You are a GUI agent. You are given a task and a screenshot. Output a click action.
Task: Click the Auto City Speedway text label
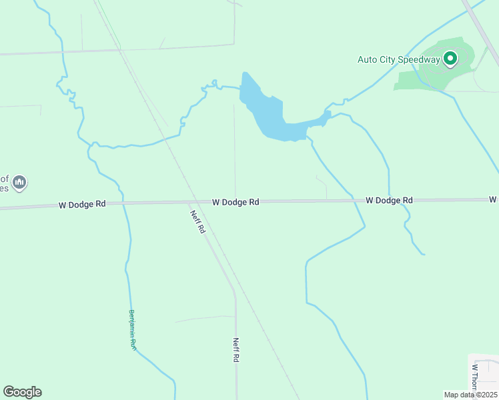point(399,59)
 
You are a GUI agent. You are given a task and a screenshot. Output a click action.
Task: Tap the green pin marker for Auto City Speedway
point(450,59)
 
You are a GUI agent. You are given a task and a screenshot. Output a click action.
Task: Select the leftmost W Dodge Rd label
point(82,205)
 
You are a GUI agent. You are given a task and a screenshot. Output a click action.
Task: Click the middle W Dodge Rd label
point(235,202)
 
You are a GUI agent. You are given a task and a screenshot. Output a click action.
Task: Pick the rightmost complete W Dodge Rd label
point(389,200)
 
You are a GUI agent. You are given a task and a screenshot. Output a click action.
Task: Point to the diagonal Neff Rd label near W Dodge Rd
point(197,221)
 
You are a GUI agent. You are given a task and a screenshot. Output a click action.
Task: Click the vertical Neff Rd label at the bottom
point(236,349)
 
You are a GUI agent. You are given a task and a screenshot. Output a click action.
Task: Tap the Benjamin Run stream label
point(132,331)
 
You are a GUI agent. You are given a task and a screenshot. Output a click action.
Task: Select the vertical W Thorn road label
point(475,377)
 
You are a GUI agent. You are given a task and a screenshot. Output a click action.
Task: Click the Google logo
point(22,392)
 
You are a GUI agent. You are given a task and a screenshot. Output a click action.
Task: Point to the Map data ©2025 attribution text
point(470,395)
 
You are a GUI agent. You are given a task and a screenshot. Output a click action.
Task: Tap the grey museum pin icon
point(19,182)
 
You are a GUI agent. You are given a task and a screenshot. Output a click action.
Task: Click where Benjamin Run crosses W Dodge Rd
point(123,203)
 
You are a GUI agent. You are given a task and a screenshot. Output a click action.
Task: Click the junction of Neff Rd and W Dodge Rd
point(189,202)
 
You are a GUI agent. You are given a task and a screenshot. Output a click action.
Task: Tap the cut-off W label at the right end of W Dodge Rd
point(493,199)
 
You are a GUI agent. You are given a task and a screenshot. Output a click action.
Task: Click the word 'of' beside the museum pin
point(4,179)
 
